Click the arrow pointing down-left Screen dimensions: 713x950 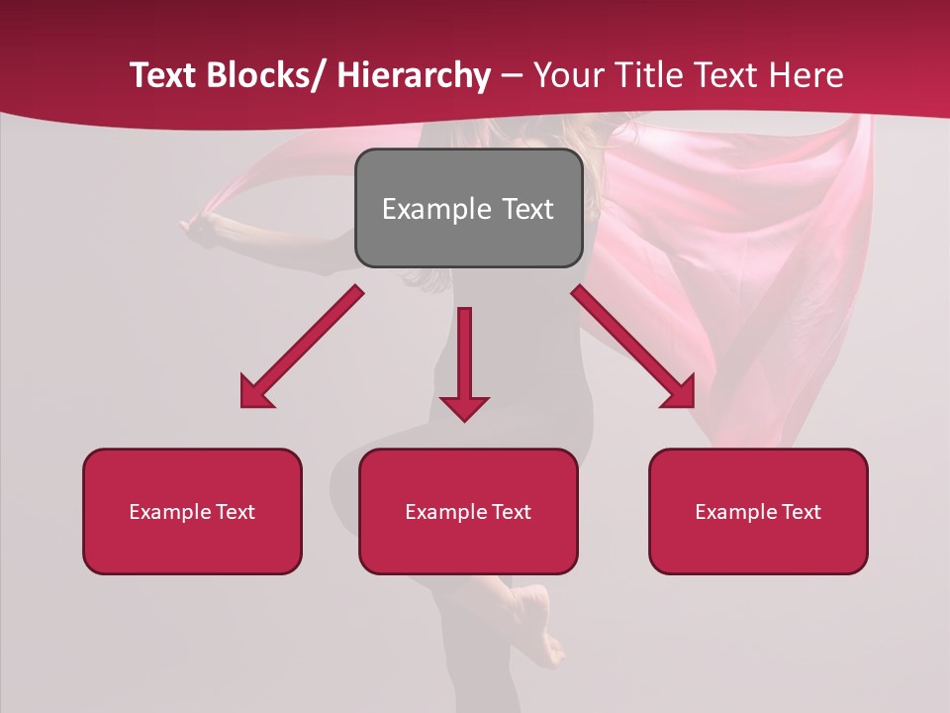[x=302, y=347]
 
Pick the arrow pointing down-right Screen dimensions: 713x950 [x=633, y=347]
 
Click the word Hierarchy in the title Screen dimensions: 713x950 [x=414, y=75]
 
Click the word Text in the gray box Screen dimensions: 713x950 [x=527, y=209]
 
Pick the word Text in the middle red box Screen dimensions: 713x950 [x=511, y=512]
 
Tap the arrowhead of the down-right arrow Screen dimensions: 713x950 [x=681, y=392]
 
